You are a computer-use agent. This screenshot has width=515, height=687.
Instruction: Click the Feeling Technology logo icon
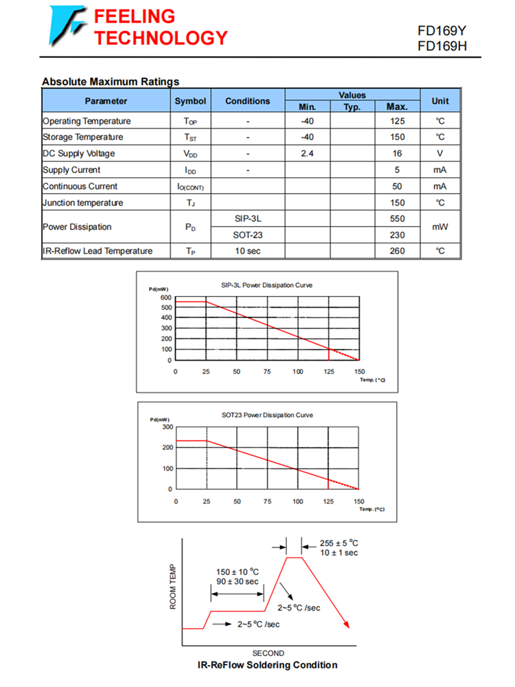click(67, 25)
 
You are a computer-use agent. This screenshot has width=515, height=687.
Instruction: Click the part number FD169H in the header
click(442, 46)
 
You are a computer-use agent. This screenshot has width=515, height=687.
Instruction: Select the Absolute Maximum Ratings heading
click(111, 82)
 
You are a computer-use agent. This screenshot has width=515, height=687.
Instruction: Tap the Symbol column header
click(190, 101)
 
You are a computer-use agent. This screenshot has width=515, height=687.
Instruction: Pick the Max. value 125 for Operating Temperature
click(397, 121)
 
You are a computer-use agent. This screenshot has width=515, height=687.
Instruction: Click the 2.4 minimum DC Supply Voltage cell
click(307, 153)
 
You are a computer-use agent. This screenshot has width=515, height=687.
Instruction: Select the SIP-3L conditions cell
click(247, 218)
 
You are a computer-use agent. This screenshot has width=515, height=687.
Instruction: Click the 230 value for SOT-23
click(397, 235)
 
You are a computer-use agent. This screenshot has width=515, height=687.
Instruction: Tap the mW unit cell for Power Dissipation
click(440, 227)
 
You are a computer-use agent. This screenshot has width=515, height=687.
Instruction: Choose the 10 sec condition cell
click(247, 251)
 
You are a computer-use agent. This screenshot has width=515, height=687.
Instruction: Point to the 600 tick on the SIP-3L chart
click(166, 297)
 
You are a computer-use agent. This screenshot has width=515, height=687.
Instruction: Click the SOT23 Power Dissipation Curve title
click(267, 415)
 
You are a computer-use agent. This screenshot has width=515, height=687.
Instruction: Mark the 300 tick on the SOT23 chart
click(167, 427)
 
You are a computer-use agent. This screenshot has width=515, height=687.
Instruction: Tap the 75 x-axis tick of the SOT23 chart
click(268, 502)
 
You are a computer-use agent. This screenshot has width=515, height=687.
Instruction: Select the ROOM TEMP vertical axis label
click(173, 588)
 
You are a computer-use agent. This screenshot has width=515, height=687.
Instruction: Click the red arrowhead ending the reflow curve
click(347, 624)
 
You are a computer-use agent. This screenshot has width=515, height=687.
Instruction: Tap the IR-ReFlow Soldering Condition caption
click(267, 664)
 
